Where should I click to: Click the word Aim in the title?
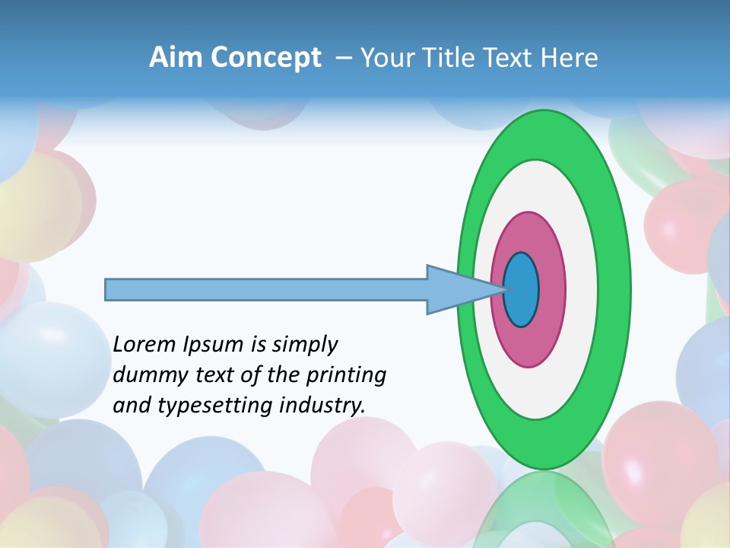coord(176,57)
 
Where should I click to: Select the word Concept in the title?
coord(267,58)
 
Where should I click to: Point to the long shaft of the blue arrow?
coord(266,289)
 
